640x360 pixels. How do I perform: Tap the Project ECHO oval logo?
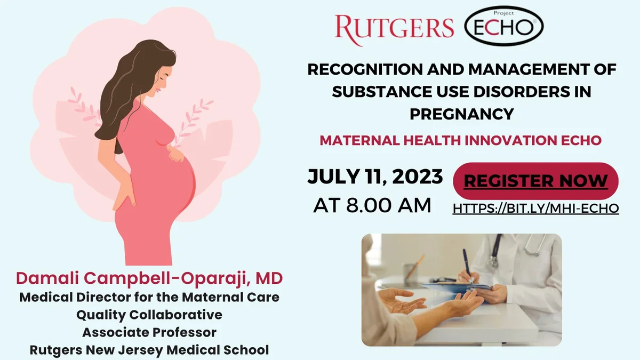click(x=504, y=26)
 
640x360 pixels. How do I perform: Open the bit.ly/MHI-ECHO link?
click(x=535, y=209)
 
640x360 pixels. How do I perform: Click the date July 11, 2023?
click(x=375, y=177)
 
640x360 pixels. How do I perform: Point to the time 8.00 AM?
click(x=389, y=205)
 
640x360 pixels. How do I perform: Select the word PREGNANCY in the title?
click(x=462, y=114)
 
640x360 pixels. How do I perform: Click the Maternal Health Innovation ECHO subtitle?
click(x=461, y=140)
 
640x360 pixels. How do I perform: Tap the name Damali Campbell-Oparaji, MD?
click(x=149, y=278)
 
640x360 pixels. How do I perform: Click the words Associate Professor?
click(x=149, y=332)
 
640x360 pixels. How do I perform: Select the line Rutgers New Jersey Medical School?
click(x=149, y=350)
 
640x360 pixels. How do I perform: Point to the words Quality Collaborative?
click(x=149, y=315)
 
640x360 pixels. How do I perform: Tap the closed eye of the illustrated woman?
click(x=162, y=77)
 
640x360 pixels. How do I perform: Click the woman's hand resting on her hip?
click(x=124, y=194)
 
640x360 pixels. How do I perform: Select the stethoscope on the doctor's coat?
click(x=514, y=248)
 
